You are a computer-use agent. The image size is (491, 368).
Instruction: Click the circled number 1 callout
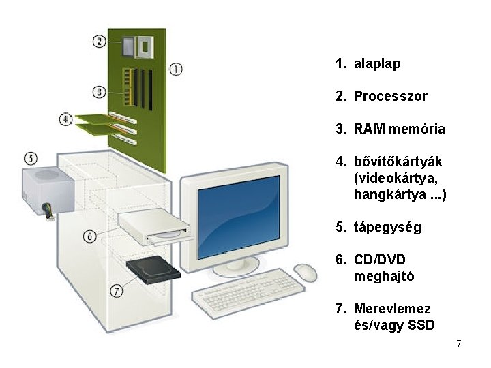[176, 69]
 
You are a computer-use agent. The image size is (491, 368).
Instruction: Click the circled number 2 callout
[100, 42]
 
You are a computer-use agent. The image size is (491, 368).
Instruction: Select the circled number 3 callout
[100, 91]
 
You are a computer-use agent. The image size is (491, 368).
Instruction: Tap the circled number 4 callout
[65, 120]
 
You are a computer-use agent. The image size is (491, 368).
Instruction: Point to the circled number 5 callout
[31, 158]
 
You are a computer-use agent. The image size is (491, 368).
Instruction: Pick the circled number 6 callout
[90, 236]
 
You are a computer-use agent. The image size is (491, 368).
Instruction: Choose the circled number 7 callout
[117, 291]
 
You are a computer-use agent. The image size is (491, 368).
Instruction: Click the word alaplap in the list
[377, 64]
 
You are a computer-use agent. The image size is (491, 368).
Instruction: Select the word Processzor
[390, 97]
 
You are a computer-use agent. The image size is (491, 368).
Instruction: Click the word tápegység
[387, 228]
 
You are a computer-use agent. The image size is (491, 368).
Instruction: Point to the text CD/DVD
[379, 260]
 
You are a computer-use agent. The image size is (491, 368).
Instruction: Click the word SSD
[421, 326]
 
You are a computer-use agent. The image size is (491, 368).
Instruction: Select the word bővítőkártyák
[398, 162]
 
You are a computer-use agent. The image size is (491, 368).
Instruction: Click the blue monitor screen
[238, 215]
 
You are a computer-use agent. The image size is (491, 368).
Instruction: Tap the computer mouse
[306, 273]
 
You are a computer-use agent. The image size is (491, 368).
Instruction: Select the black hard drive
[153, 269]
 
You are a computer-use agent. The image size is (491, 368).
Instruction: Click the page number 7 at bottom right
[459, 343]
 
